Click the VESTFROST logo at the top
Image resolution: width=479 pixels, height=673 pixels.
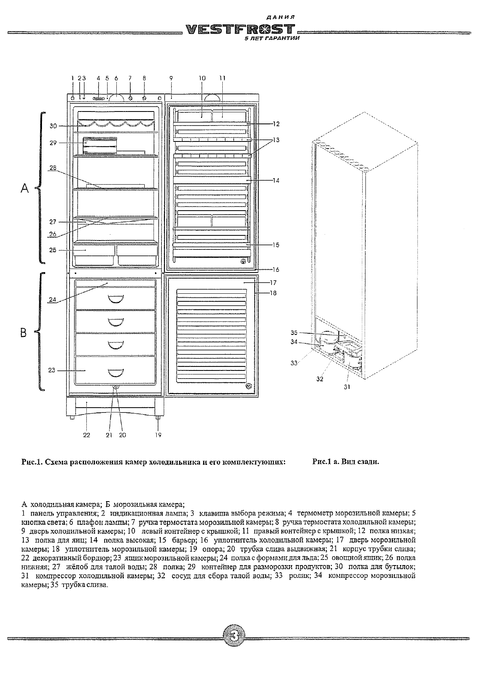coord(240,30)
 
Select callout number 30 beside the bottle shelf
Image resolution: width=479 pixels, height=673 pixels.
coord(53,126)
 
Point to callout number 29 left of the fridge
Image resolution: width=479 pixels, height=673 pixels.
coord(53,142)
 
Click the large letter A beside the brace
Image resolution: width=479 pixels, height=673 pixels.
coord(25,188)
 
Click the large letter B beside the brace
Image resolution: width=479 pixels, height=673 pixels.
coord(24,332)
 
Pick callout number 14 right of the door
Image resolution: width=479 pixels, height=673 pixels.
coord(276,181)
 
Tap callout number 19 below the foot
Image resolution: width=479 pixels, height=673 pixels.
coord(158,435)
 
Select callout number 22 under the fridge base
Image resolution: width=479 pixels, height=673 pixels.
coord(86,435)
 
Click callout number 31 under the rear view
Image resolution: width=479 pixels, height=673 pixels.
coord(347,387)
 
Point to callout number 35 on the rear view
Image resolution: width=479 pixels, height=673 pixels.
coord(294,333)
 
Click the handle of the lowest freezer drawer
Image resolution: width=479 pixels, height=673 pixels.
coord(115,374)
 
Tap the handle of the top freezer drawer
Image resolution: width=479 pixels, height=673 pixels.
coord(115,299)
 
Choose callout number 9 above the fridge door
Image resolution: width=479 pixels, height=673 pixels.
coord(171,78)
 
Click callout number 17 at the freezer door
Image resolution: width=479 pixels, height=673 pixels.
coord(273,283)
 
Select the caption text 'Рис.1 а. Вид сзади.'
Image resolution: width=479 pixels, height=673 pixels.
coord(345,462)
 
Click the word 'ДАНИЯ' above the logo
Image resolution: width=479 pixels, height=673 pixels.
coord(280,18)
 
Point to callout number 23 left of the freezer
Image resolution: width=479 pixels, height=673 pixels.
coord(52,370)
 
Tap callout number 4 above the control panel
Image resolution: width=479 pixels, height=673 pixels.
coord(98,78)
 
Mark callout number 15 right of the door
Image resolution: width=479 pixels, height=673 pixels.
coord(275,245)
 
